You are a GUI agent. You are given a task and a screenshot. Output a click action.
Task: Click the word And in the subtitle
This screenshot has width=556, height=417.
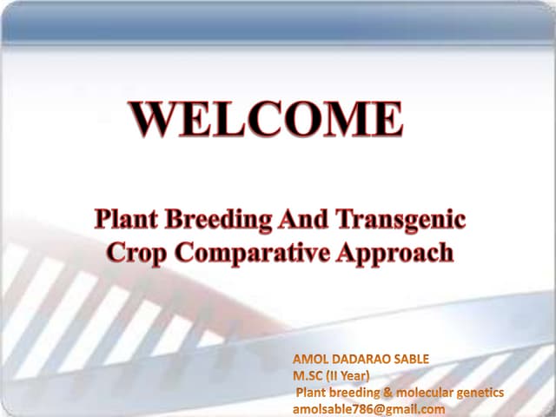pyautogui.click(x=298, y=219)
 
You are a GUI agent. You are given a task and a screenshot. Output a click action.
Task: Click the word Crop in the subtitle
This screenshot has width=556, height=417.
pyautogui.click(x=136, y=253)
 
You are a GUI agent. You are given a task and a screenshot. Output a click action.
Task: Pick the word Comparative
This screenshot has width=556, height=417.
pyautogui.click(x=255, y=254)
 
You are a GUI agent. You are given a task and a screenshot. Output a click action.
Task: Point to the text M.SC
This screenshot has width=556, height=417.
pyautogui.click(x=308, y=377)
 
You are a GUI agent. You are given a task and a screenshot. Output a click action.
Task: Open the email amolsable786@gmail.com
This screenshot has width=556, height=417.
pyautogui.click(x=368, y=409)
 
